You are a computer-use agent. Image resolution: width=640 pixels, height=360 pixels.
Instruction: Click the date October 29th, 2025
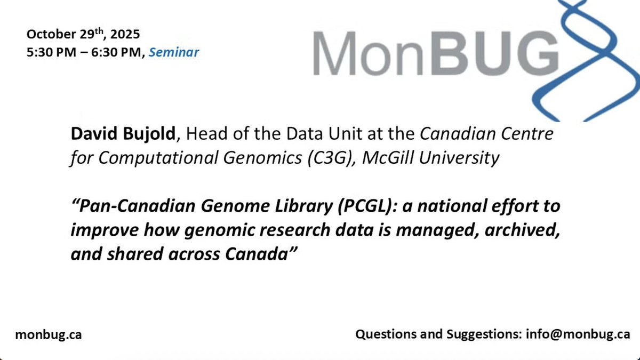tap(83, 36)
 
